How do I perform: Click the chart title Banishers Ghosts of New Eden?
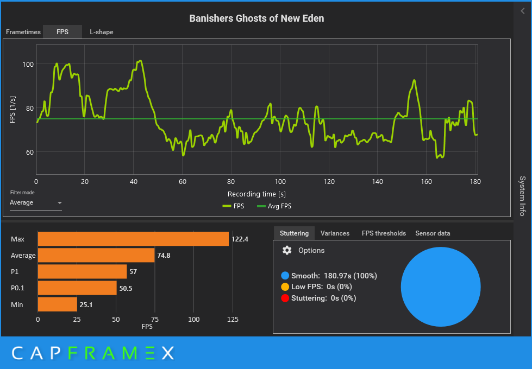[256, 18]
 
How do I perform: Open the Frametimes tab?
[23, 32]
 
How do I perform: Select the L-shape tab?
[102, 32]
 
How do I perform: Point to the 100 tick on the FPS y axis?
[28, 65]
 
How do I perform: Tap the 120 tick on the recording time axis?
[329, 182]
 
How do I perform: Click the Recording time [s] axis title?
[257, 194]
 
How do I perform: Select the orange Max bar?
[133, 239]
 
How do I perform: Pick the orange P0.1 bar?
[77, 288]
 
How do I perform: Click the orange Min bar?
[57, 304]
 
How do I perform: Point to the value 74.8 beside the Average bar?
[164, 256]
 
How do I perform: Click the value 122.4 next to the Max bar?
[240, 239]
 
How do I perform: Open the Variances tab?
[335, 233]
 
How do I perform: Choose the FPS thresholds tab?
[384, 233]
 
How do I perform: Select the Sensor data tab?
[433, 233]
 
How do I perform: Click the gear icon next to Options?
[287, 250]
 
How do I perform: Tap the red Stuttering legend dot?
[285, 298]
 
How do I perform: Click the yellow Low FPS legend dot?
[285, 287]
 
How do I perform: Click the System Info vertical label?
[522, 195]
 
